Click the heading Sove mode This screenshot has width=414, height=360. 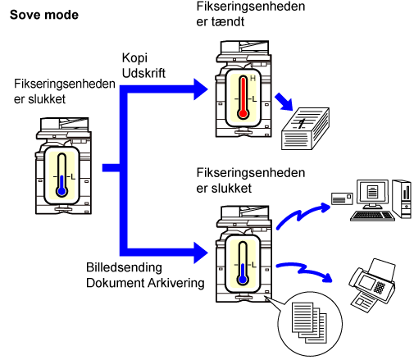[x=44, y=15]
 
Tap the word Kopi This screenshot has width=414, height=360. [x=134, y=58]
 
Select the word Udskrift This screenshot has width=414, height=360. [x=143, y=73]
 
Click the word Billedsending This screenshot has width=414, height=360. [x=124, y=268]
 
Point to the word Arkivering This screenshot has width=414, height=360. [x=176, y=283]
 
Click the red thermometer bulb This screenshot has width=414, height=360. [x=243, y=113]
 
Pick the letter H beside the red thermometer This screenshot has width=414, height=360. [x=252, y=79]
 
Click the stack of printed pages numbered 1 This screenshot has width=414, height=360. [x=305, y=129]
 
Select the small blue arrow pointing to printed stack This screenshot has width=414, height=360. [x=284, y=102]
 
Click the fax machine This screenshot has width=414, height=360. [x=372, y=285]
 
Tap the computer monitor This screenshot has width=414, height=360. [x=372, y=194]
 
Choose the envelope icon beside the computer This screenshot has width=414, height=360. [x=342, y=198]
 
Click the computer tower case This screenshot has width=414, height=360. [x=402, y=199]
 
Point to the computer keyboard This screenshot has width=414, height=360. [x=373, y=216]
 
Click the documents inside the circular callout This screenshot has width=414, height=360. [x=310, y=322]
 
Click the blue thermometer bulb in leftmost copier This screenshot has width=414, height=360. [x=62, y=191]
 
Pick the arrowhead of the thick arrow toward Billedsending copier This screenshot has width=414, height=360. [x=201, y=253]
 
